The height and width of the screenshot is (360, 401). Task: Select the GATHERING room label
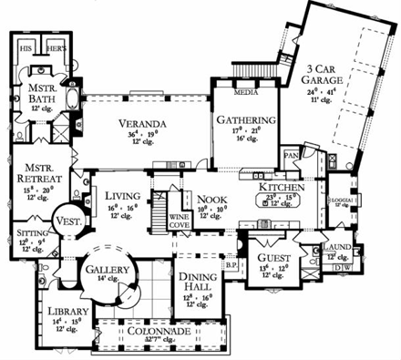240,119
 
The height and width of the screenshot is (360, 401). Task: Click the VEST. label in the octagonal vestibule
68,220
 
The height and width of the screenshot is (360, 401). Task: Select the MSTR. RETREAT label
35,172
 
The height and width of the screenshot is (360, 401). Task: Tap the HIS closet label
26,45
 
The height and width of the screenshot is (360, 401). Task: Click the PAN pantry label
292,156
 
